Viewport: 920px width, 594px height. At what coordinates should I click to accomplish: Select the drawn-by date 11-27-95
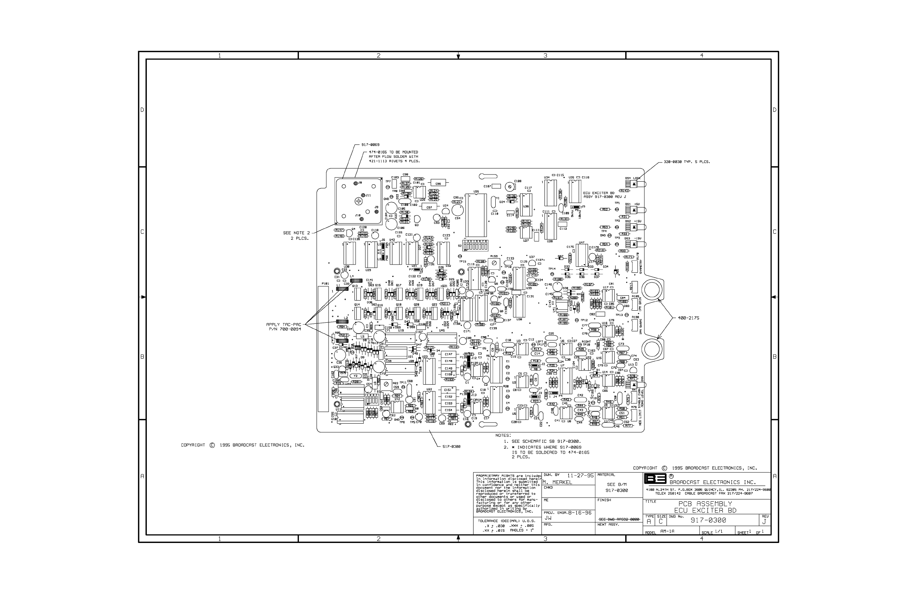pyautogui.click(x=581, y=475)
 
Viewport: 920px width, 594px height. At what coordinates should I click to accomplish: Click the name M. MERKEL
pyautogui.click(x=557, y=482)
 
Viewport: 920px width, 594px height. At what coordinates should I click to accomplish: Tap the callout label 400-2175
pyautogui.click(x=688, y=318)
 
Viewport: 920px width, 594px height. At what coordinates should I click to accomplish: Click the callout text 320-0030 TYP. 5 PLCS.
pyautogui.click(x=686, y=162)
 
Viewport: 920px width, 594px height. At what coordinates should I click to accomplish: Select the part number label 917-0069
pyautogui.click(x=371, y=144)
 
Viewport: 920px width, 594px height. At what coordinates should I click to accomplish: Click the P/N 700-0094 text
pyautogui.click(x=285, y=329)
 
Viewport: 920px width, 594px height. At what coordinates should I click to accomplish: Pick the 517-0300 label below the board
pyautogui.click(x=451, y=447)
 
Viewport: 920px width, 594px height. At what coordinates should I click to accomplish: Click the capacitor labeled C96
pyautogui.click(x=438, y=183)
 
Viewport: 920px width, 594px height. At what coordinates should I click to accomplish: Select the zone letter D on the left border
pyautogui.click(x=142, y=110)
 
